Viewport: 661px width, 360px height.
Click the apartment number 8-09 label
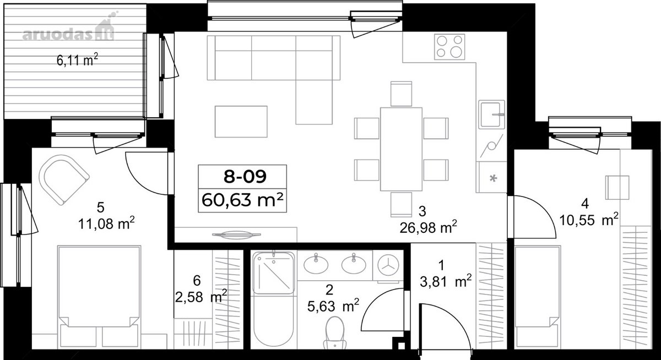(x=245, y=177)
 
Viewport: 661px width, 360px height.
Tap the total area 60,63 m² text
(x=242, y=200)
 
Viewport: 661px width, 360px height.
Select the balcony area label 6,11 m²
(x=77, y=61)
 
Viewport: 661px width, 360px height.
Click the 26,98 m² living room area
(x=428, y=227)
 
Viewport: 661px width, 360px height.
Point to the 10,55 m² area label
(x=589, y=220)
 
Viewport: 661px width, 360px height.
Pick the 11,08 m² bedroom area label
(x=106, y=224)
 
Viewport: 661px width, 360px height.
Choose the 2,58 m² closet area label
(x=201, y=297)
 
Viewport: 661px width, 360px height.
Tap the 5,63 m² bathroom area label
(x=333, y=306)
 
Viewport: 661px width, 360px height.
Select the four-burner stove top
(x=449, y=47)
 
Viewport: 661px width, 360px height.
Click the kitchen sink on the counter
(x=491, y=114)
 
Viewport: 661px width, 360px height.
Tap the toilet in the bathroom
(x=335, y=333)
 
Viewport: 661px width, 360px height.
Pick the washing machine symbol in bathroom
(x=388, y=265)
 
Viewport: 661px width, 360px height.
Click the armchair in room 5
(x=64, y=180)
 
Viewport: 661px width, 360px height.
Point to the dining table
(x=401, y=149)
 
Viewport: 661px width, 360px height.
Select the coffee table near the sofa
(x=241, y=122)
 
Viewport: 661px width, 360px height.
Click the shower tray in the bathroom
(x=273, y=273)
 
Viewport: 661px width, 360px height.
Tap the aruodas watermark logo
(x=68, y=30)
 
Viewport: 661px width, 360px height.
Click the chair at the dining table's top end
(x=402, y=94)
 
